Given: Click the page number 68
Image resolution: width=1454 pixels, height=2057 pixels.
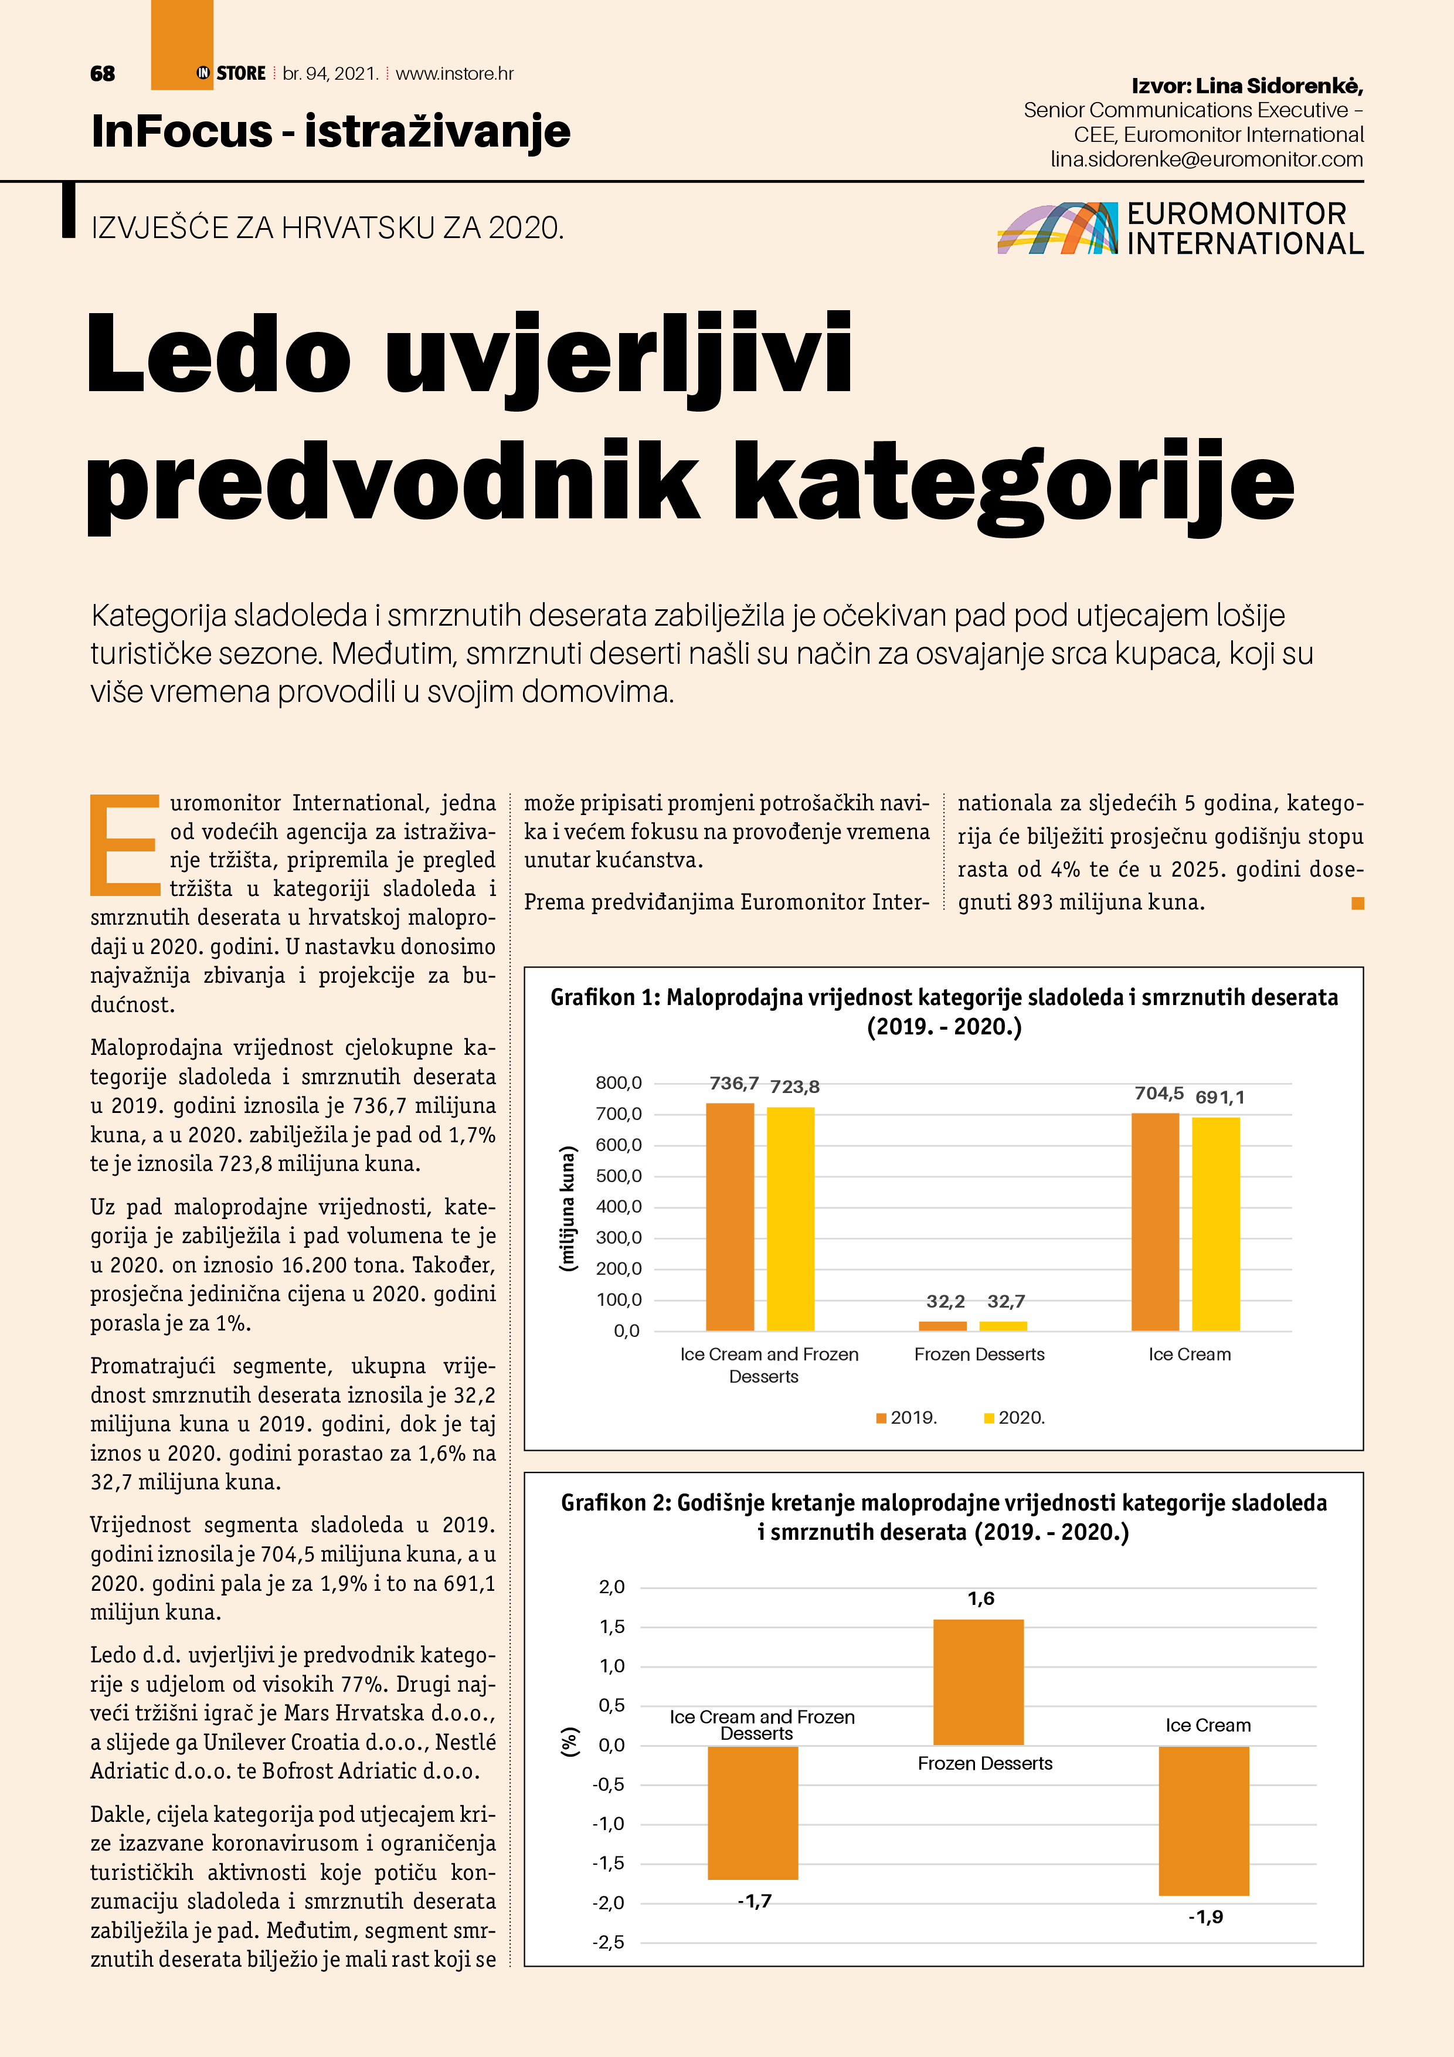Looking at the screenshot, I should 102,73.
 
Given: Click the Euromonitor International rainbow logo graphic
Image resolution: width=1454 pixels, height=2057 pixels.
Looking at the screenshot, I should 1057,229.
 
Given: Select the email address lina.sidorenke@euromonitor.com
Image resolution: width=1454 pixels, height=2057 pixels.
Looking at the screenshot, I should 1207,159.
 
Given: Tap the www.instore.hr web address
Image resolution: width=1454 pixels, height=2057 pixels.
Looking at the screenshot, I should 454,73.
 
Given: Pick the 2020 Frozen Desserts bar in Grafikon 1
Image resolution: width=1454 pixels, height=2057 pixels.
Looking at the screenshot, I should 1003,1325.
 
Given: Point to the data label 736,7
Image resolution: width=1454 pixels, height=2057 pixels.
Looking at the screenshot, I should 733,1083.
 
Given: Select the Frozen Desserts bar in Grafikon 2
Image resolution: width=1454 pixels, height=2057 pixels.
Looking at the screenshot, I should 979,1682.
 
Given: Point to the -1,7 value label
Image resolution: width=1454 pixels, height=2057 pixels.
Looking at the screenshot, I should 755,1901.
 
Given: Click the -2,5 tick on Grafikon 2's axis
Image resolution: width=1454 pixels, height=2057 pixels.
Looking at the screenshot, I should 609,1942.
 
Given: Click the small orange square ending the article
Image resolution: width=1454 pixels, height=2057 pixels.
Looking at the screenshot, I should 1357,903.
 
